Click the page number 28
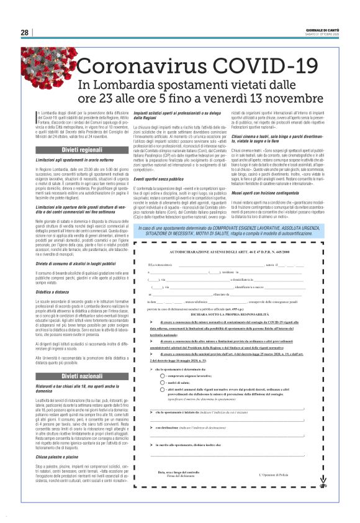pyautogui.click(x=25, y=32)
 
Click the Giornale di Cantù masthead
pyautogui.click(x=323, y=29)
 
